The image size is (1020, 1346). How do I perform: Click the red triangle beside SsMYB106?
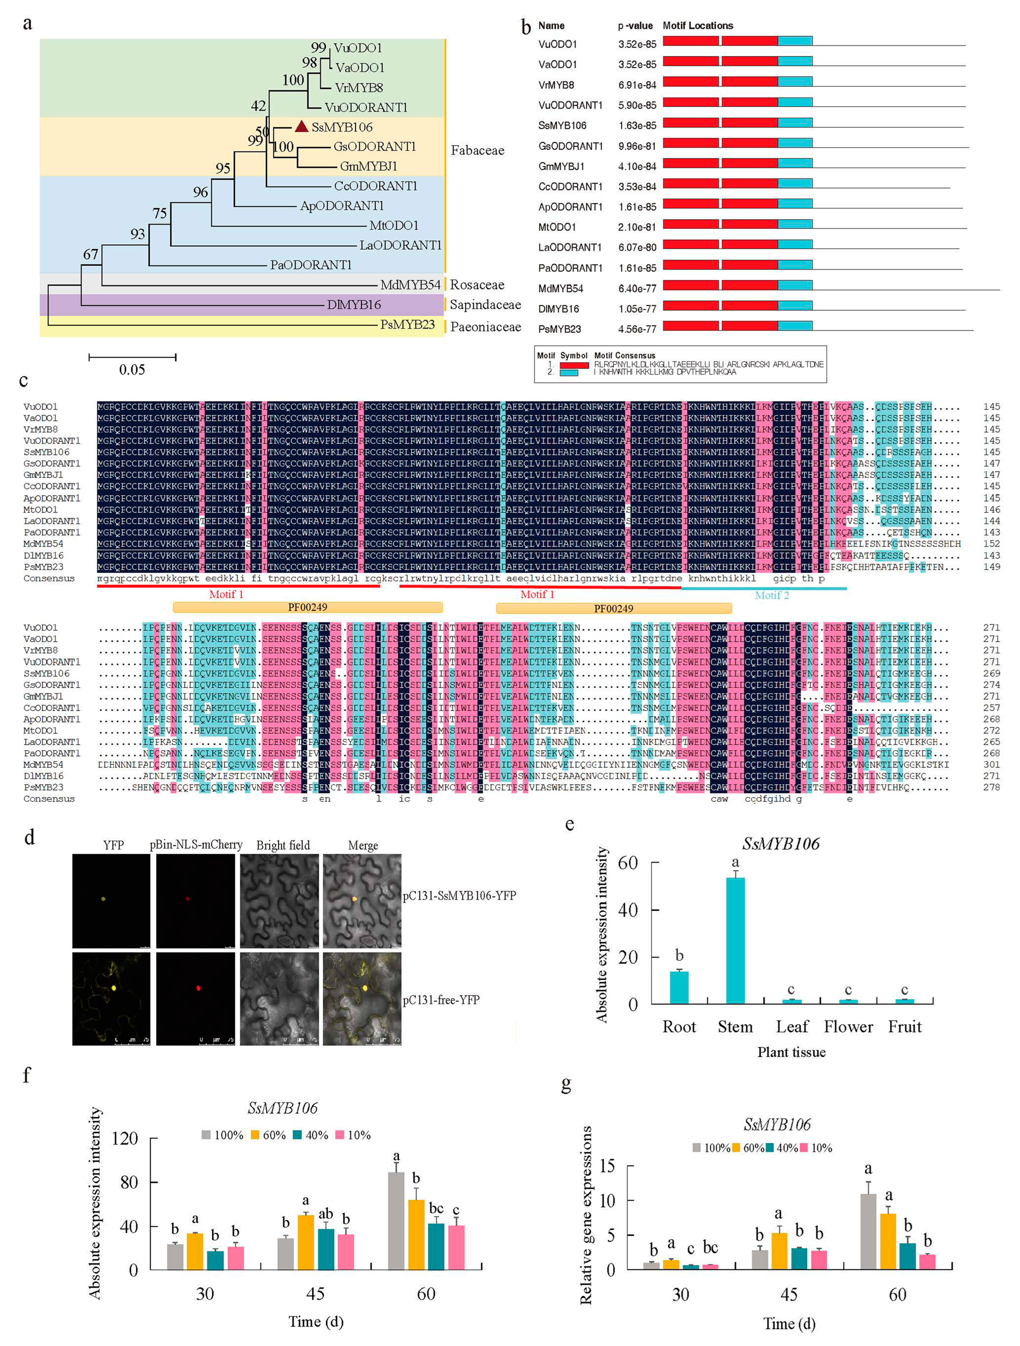coord(301,127)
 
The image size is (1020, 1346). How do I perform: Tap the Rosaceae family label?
coord(477,285)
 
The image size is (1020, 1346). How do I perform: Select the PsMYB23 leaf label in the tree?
coord(407,324)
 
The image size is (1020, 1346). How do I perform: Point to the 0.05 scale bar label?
coord(132,369)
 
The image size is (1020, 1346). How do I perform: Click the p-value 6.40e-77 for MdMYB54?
coord(637,288)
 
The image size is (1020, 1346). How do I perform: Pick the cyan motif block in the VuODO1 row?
coord(795,41)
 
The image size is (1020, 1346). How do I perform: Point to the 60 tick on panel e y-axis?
coord(627,862)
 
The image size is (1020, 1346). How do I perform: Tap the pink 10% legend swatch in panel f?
coord(340,1135)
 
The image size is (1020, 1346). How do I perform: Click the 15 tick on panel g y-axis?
coord(607,1166)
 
